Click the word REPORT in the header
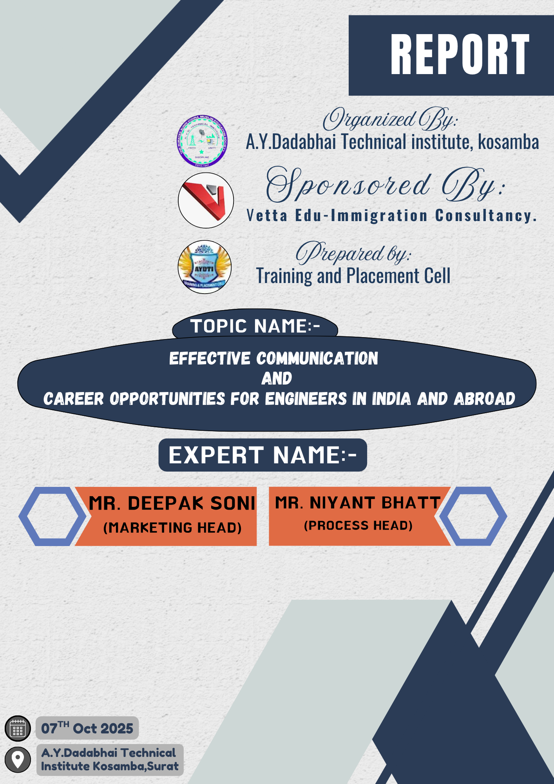[460, 54]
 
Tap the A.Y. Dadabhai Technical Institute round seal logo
[202, 141]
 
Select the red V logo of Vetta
[206, 200]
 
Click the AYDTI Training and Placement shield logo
[205, 267]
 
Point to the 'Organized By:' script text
[390, 118]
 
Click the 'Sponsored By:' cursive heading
[386, 184]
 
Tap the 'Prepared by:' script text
[353, 252]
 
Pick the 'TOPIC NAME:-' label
[255, 326]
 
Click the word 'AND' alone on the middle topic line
[277, 378]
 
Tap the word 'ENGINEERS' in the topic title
[306, 399]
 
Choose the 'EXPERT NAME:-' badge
[263, 455]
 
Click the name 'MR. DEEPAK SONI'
[172, 503]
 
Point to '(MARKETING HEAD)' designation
[172, 528]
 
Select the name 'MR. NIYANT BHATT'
[358, 503]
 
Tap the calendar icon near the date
[18, 728]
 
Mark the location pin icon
[18, 760]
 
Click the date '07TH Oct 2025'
[87, 728]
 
